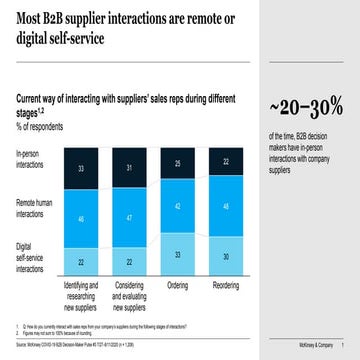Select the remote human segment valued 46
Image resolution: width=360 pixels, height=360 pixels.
[80, 216]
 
